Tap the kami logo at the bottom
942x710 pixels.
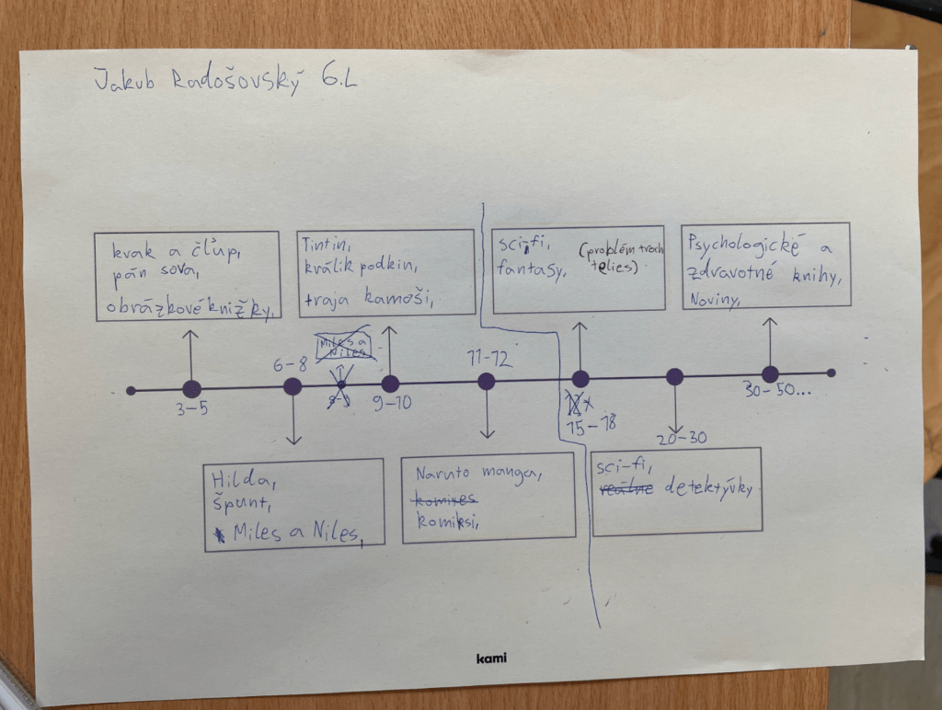point(491,658)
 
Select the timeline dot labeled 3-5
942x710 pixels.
point(191,389)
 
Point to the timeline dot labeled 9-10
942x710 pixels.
point(390,384)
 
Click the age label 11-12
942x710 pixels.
point(488,358)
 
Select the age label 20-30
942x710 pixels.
point(682,438)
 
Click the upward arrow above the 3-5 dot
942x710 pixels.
point(190,350)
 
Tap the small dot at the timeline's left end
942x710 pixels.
point(131,391)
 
